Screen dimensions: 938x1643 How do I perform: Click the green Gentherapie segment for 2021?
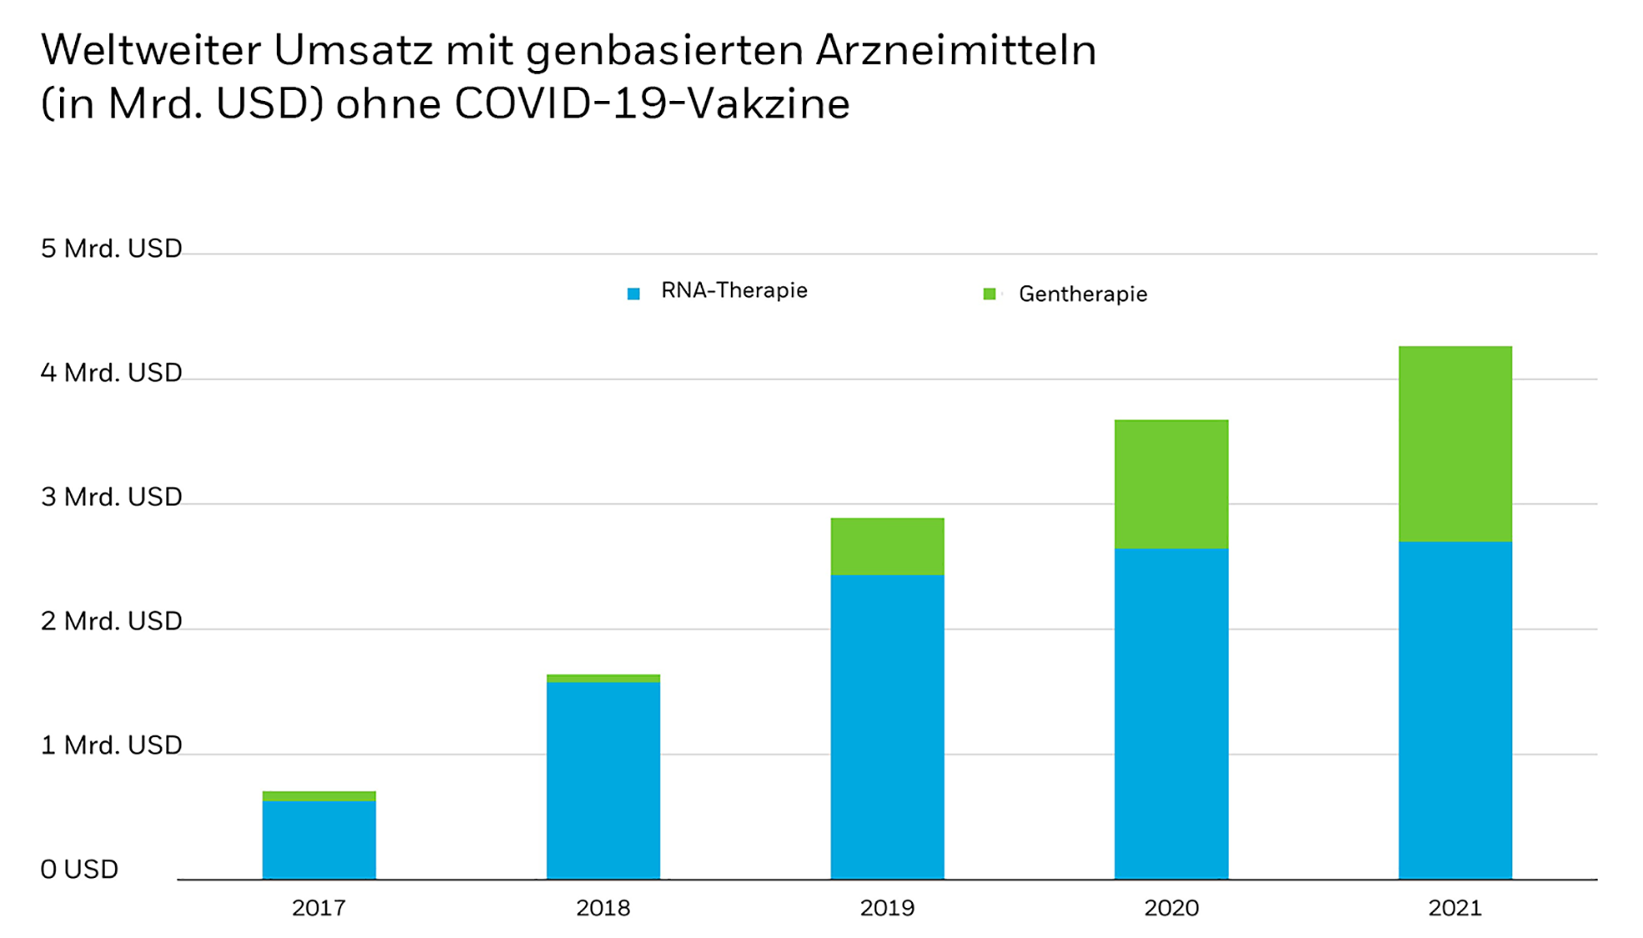coord(1454,443)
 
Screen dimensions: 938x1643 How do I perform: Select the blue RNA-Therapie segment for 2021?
coord(1454,709)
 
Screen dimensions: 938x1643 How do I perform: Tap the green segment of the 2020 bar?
coord(1171,483)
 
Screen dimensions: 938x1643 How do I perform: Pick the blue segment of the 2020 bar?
coord(1171,713)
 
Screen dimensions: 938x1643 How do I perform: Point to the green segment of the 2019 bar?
coord(887,546)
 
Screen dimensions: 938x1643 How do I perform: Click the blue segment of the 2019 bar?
coord(887,726)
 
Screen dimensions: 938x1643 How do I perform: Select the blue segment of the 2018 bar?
coord(603,779)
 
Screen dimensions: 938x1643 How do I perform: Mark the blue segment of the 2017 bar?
coord(319,839)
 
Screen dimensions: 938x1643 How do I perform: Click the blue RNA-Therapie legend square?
coord(633,294)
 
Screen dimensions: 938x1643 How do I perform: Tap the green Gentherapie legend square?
coord(989,294)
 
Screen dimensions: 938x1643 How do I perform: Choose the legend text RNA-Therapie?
coord(733,290)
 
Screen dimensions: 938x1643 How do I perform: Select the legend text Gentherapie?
coord(1082,294)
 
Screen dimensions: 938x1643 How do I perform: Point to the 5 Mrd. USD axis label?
coord(111,249)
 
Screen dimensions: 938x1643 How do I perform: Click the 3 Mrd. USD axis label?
coord(111,497)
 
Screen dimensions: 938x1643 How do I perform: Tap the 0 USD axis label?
coord(79,869)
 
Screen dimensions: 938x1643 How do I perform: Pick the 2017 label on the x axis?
coord(319,907)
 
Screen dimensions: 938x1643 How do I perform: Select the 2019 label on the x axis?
coord(887,907)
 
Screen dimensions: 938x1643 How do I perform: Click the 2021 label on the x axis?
coord(1454,907)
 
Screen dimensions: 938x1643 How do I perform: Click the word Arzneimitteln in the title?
coord(955,50)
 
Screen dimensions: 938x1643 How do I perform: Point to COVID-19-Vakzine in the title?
coord(652,104)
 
